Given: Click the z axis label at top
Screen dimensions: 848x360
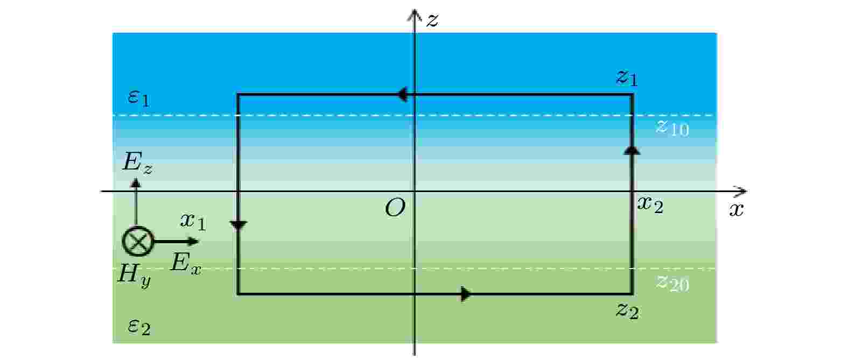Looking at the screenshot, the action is pyautogui.click(x=432, y=20).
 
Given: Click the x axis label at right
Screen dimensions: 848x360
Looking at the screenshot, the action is pyautogui.click(x=737, y=209).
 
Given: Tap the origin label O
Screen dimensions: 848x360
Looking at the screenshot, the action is pyautogui.click(x=395, y=208).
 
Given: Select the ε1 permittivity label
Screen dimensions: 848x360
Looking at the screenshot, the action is pyautogui.click(x=139, y=98).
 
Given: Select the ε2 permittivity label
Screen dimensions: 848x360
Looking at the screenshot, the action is pyautogui.click(x=139, y=327).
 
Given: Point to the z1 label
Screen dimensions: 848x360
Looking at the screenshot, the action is pyautogui.click(x=627, y=77).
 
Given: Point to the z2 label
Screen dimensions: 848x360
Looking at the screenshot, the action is pyautogui.click(x=627, y=311).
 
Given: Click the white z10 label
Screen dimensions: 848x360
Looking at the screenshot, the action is pyautogui.click(x=672, y=128).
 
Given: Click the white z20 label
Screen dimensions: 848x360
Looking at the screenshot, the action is pyautogui.click(x=672, y=284).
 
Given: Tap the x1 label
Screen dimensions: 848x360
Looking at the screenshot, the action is pyautogui.click(x=193, y=222).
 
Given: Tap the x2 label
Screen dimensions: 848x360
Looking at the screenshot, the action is pyautogui.click(x=650, y=205).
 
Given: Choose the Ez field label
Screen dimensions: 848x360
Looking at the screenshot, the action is pyautogui.click(x=137, y=163).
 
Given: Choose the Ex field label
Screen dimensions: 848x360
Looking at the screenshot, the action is pyautogui.click(x=186, y=263).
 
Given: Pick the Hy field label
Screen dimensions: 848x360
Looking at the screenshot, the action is pyautogui.click(x=134, y=276).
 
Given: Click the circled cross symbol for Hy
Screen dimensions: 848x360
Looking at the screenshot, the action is pyautogui.click(x=138, y=242).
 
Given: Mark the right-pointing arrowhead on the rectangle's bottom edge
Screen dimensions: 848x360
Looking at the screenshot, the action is pyautogui.click(x=466, y=294).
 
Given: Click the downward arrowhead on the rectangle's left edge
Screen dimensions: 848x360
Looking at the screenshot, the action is pyautogui.click(x=239, y=225).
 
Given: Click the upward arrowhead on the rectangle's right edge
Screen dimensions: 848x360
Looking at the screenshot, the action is pyautogui.click(x=632, y=150).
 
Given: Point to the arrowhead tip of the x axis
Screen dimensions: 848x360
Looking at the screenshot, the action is pyautogui.click(x=747, y=192).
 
